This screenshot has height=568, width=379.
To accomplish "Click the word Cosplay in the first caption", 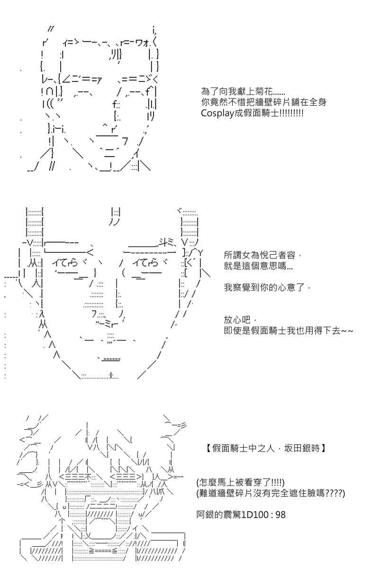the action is click(217, 113).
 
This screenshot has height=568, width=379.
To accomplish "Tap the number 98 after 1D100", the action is click(280, 515).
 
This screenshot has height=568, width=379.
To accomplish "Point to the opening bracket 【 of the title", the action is click(208, 449).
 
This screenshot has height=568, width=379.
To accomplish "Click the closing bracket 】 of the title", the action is click(324, 449).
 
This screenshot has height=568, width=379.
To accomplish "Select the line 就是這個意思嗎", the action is click(258, 266).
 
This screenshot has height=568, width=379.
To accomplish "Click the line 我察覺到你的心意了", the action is click(267, 288).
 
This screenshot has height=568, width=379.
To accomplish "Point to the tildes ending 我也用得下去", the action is click(347, 331).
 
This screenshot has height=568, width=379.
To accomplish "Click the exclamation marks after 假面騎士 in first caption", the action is click(291, 113).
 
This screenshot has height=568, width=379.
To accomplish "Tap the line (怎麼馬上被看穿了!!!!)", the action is click(240, 482).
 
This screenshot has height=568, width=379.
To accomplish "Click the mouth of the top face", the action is click(108, 150).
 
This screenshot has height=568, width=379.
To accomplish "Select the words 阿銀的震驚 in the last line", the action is click(218, 515).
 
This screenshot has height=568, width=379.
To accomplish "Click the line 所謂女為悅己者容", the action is click(262, 255).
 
